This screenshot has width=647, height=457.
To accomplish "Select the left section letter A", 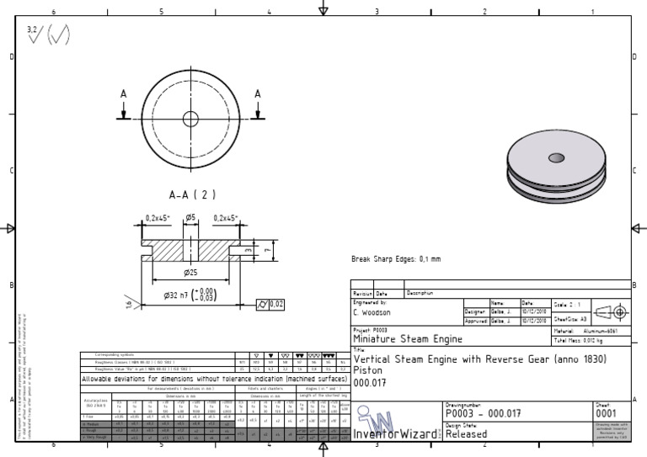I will pos(124,94).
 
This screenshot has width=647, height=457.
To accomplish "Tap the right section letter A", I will pos(258,94).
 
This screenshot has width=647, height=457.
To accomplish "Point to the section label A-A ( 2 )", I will pos(192,194).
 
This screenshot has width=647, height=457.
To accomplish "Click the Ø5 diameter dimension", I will pos(190,217).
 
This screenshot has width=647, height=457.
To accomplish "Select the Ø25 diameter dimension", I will pos(190,273).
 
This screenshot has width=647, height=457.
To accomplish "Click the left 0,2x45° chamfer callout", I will pos(157,217).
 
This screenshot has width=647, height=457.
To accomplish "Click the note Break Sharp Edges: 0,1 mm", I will pos(395,259).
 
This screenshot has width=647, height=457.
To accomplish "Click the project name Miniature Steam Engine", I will pos(407,338).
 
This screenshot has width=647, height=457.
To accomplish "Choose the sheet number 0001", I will pos(607,413).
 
